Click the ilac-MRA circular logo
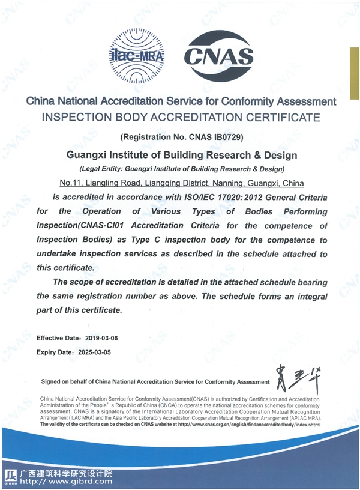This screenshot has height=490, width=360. coord(137,56)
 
